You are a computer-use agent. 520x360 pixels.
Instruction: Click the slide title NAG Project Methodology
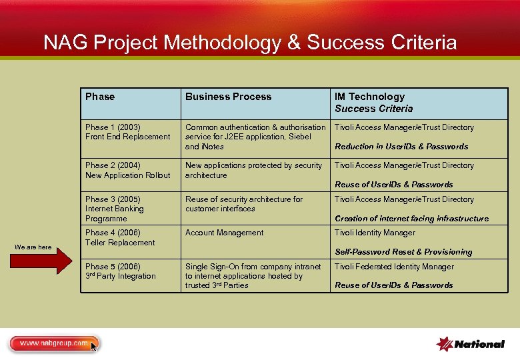[250, 43]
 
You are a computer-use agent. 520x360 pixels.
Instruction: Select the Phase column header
[100, 97]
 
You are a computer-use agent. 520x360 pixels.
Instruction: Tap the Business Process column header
[228, 97]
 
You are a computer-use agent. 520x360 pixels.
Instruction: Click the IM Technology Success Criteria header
[373, 103]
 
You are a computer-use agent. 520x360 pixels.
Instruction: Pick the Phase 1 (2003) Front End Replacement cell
[127, 132]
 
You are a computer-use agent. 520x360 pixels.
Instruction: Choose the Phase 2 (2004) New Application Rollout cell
[127, 170]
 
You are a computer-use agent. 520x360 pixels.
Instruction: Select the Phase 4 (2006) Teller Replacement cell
[120, 237]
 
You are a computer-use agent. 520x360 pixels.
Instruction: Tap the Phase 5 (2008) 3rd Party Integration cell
[120, 271]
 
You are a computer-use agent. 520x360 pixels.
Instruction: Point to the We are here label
[33, 247]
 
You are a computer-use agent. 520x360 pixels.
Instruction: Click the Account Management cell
[224, 233]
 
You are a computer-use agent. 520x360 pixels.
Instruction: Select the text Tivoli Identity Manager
[375, 233]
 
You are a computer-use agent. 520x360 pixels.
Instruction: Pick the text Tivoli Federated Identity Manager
[394, 267]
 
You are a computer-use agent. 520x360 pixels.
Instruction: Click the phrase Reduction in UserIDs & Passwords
[401, 147]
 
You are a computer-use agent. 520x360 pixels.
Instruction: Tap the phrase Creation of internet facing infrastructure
[411, 219]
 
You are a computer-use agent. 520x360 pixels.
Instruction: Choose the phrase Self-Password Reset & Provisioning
[403, 252]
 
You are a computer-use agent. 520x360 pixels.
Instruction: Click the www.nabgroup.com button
[53, 343]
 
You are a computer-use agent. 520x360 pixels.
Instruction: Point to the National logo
[470, 344]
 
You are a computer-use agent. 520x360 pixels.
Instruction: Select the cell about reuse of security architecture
[243, 204]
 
